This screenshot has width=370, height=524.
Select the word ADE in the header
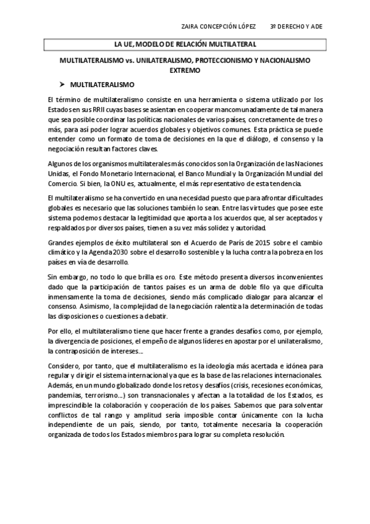316,28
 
